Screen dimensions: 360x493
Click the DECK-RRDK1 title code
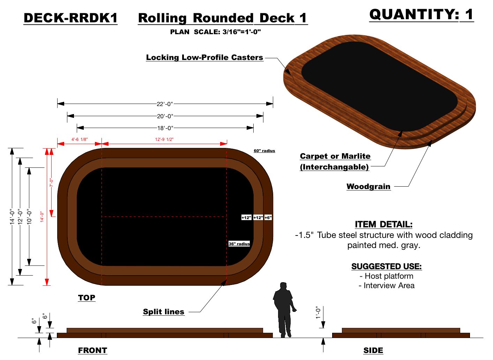point(70,18)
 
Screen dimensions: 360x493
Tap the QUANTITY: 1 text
point(421,15)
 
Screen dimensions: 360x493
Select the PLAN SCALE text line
point(215,32)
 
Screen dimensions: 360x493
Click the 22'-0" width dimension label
point(165,104)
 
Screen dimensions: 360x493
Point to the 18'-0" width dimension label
point(165,128)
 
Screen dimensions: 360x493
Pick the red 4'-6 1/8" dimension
point(80,140)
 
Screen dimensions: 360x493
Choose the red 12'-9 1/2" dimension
point(164,140)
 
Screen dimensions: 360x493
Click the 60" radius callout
point(264,151)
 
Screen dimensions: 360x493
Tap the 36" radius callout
point(239,244)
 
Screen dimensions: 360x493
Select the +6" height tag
point(268,218)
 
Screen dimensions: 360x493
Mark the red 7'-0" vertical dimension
point(51,183)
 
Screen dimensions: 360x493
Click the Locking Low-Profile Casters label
point(204,58)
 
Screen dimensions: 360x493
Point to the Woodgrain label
point(368,187)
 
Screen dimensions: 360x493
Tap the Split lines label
point(163,312)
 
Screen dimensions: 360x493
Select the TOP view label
point(87,298)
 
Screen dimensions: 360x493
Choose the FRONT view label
point(92,350)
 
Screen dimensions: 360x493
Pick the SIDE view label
point(373,350)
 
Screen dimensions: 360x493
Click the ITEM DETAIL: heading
point(383,224)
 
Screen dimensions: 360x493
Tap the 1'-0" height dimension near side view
point(318,313)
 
